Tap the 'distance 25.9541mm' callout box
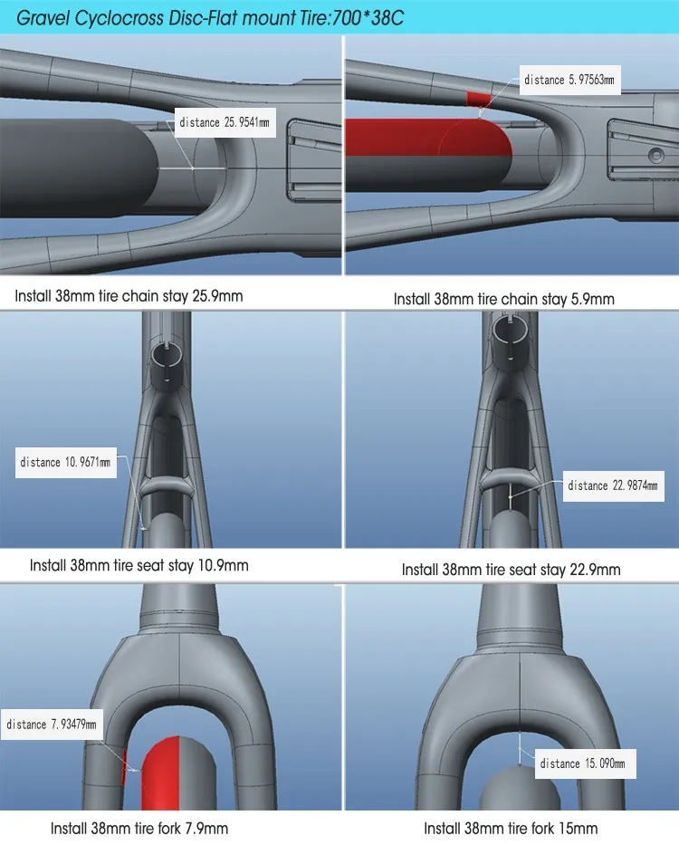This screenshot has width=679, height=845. [223, 122]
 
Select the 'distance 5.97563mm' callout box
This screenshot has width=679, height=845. [569, 80]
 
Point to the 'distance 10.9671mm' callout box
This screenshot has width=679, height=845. [65, 463]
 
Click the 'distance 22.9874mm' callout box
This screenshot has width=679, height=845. [613, 485]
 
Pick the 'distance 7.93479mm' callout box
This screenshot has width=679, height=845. [51, 724]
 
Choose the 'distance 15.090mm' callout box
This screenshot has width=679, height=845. [583, 763]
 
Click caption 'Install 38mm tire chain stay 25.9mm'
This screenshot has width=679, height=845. [129, 296]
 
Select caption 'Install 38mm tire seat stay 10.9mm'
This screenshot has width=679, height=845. [139, 565]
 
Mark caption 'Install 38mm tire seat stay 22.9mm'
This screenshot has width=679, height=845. [511, 570]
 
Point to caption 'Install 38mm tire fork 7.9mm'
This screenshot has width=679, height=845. [139, 828]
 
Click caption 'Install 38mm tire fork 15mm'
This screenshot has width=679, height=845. [511, 828]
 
